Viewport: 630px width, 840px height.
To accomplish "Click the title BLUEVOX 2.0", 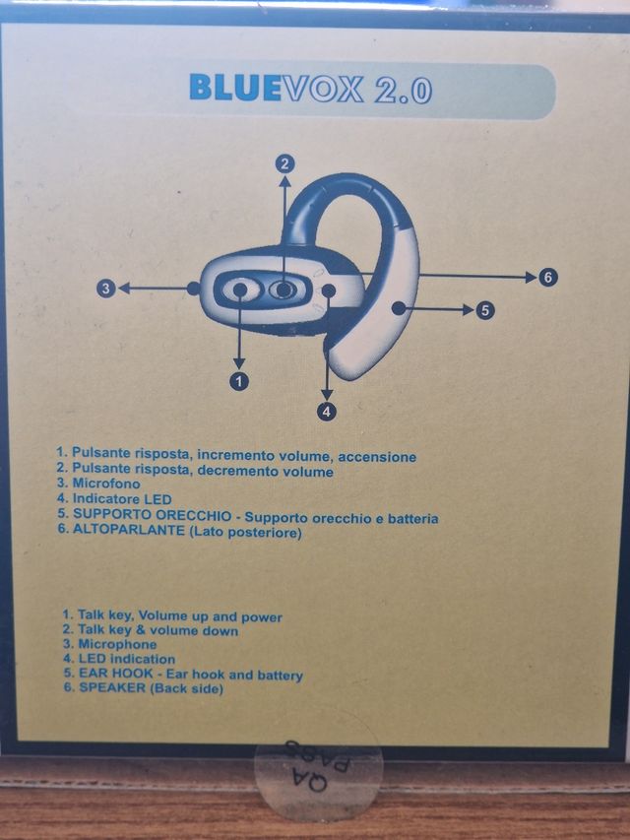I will (310, 89).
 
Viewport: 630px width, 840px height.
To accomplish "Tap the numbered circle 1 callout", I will (238, 378).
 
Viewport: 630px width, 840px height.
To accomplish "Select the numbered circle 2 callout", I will (284, 163).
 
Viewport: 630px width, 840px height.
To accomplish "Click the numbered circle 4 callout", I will (326, 410).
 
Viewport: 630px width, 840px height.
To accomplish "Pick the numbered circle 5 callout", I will (484, 310).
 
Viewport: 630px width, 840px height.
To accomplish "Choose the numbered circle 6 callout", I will (548, 277).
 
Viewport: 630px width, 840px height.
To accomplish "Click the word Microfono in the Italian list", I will (105, 485).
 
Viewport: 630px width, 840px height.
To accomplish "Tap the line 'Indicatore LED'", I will (114, 500).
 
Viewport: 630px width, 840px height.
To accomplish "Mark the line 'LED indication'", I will (118, 659).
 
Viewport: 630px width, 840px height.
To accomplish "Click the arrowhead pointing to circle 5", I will (469, 309).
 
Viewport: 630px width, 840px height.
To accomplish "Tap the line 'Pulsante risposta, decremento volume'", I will (194, 472).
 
